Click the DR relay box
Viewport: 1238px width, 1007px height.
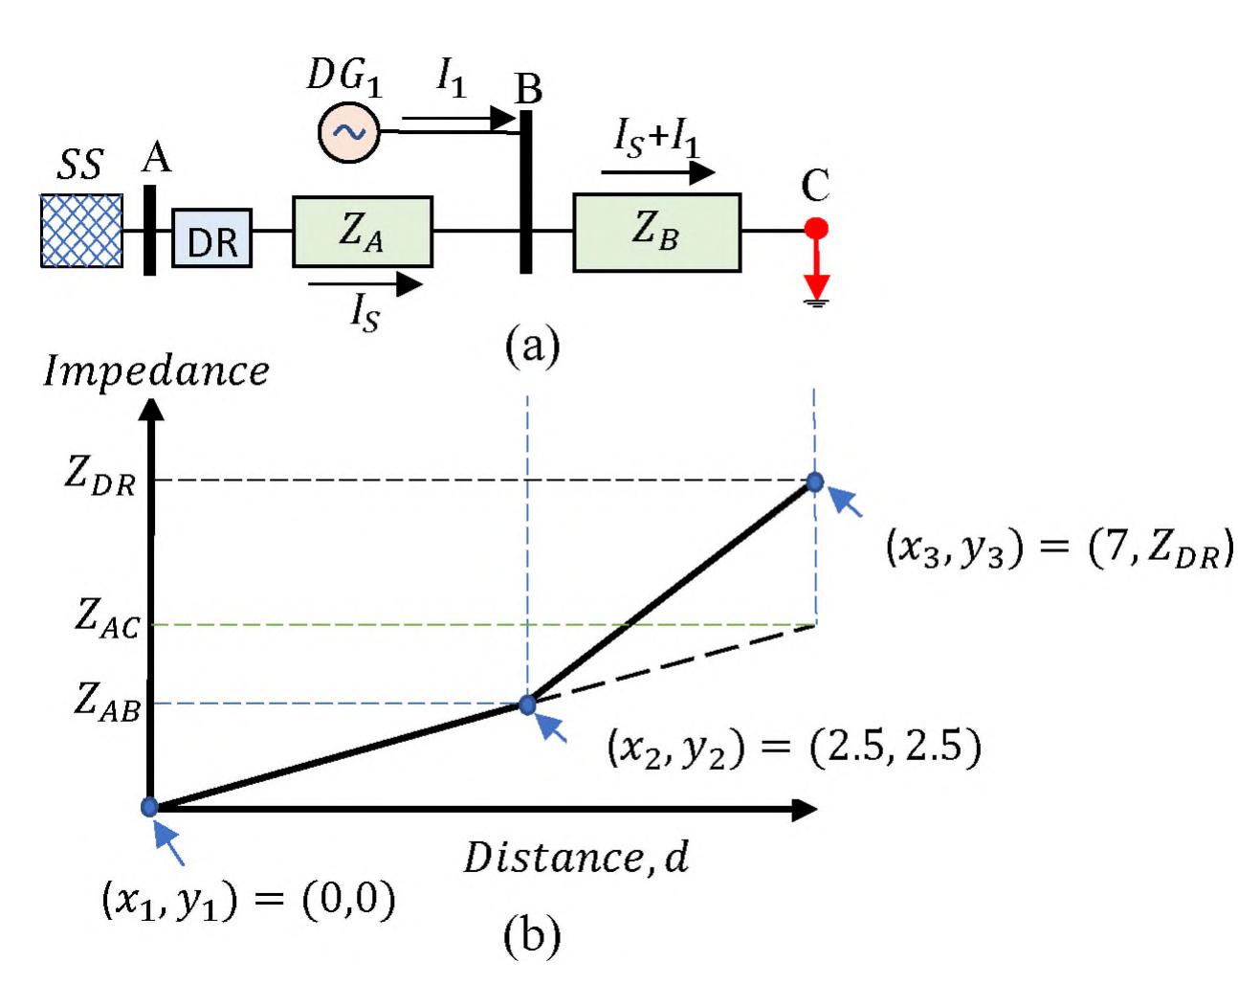211,237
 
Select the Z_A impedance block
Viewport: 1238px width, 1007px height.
362,232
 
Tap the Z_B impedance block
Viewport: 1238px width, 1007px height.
656,233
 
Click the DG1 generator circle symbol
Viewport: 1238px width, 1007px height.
349,132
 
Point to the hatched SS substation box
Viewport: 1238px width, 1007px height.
81,231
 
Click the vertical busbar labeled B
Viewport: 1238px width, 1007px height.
525,191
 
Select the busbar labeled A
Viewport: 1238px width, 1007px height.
150,231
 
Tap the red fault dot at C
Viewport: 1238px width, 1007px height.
816,229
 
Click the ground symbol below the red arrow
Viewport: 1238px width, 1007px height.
816,302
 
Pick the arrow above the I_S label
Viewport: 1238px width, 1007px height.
365,283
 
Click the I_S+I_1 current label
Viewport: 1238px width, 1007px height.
656,140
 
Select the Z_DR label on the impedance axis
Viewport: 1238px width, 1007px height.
99,475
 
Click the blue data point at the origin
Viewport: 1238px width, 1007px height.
150,807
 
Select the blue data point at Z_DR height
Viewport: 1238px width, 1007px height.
815,482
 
